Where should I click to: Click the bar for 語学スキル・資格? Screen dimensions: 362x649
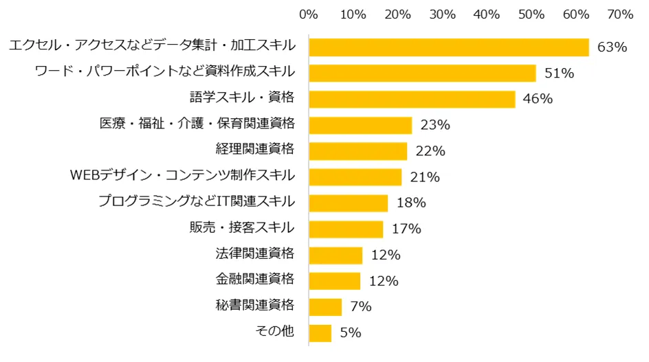(x=412, y=99)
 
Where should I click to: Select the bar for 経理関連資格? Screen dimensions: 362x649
(x=358, y=151)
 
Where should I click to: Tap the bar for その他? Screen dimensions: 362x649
(x=320, y=333)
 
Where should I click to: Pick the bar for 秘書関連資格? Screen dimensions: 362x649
(x=325, y=307)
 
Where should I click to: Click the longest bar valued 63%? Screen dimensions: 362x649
(x=449, y=47)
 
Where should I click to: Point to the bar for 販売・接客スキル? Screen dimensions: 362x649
(x=346, y=229)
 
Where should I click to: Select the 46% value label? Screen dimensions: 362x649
(x=538, y=99)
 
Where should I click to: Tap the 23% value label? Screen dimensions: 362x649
(x=434, y=125)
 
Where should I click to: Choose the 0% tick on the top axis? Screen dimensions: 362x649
(x=309, y=14)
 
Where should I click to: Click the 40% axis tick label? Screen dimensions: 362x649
(x=487, y=14)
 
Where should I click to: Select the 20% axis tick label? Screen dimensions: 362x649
(x=398, y=14)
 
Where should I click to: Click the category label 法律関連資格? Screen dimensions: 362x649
(x=255, y=254)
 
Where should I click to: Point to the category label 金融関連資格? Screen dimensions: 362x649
(x=255, y=280)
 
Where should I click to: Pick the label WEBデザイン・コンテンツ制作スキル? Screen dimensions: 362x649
(x=183, y=176)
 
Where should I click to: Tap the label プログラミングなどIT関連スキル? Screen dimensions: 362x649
(x=197, y=202)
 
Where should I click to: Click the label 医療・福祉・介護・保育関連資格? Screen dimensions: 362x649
(x=197, y=124)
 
